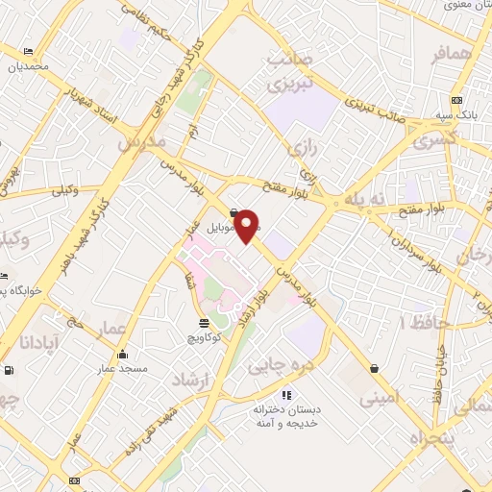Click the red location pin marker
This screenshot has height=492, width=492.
pyautogui.click(x=247, y=225)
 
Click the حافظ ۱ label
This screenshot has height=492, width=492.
pyautogui.click(x=422, y=321)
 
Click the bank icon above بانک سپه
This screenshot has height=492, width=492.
pyautogui.click(x=455, y=100)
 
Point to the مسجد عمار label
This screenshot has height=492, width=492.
pyautogui.click(x=120, y=368)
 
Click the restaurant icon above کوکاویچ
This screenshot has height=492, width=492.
pyautogui.click(x=203, y=324)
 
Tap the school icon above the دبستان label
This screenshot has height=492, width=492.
pyautogui.click(x=285, y=395)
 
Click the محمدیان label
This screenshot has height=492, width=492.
pyautogui.click(x=28, y=67)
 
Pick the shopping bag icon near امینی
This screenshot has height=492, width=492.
pyautogui.click(x=373, y=368)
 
